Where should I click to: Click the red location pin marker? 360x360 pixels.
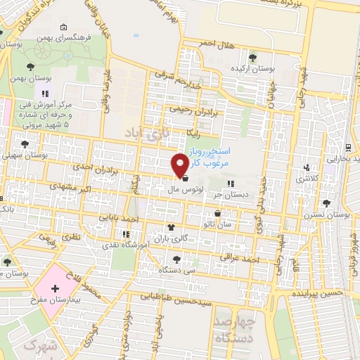(x=180, y=165)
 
